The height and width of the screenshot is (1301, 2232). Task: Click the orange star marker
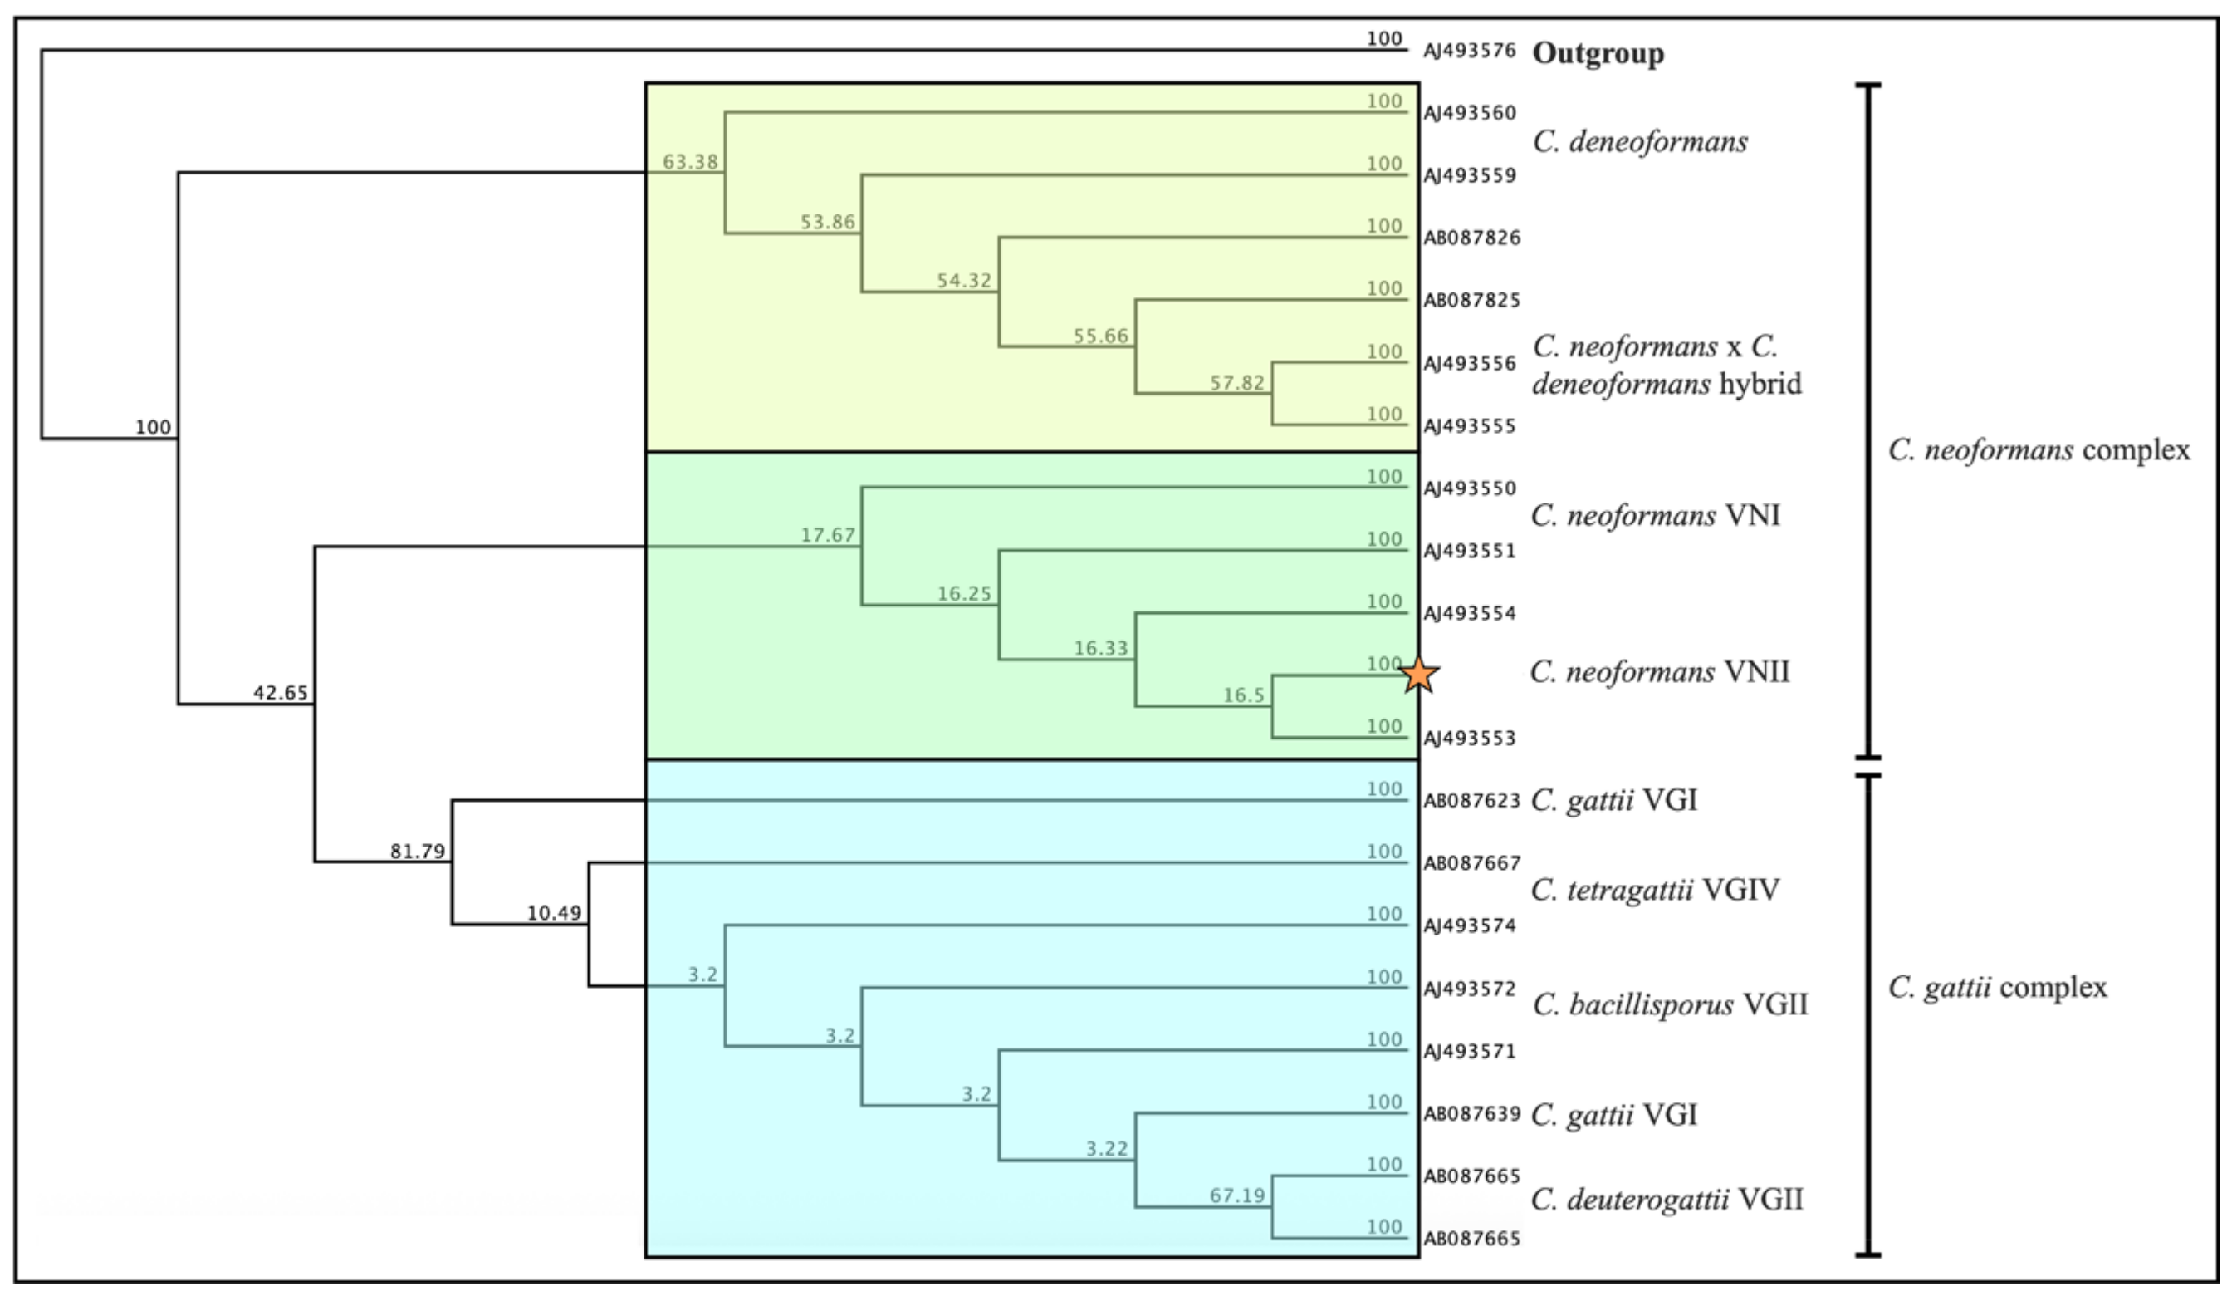(1420, 675)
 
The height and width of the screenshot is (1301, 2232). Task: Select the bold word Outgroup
(1598, 53)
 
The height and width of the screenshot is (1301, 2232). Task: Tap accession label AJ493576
(1470, 52)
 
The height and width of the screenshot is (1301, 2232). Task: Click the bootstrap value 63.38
(690, 162)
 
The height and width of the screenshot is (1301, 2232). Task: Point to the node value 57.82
(1237, 383)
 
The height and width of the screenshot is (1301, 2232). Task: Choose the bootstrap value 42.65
(281, 693)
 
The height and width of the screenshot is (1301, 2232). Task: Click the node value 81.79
(417, 852)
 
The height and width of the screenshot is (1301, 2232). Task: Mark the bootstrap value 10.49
(555, 913)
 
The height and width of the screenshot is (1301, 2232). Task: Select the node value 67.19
(1237, 1196)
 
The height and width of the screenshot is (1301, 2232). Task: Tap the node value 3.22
(1107, 1150)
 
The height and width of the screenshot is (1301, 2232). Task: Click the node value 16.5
(1244, 695)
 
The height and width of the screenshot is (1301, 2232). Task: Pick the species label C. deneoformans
(1640, 142)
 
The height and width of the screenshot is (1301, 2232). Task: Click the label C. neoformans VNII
(1660, 672)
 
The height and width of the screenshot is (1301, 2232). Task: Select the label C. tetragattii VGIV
(1655, 890)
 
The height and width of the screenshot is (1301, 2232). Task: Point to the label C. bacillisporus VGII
(1670, 1005)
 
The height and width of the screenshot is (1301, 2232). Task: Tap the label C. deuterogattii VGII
(1667, 1200)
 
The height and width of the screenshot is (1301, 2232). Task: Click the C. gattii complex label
(1997, 987)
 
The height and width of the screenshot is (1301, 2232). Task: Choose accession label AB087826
(1471, 238)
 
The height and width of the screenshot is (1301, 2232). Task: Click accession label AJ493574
(1470, 926)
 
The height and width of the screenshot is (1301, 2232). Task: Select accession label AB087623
(1471, 801)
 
